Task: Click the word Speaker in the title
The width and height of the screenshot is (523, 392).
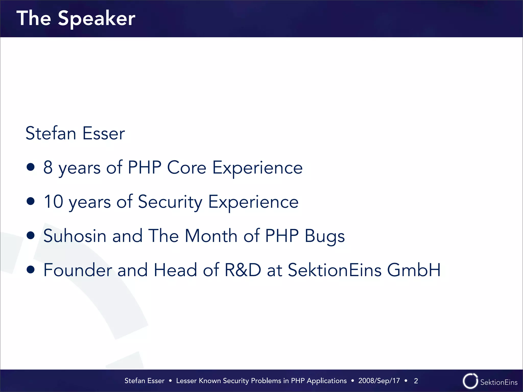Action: pyautogui.click(x=97, y=19)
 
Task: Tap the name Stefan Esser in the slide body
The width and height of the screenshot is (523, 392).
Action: pyautogui.click(x=75, y=133)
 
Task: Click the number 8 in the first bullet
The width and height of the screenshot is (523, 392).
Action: pyautogui.click(x=48, y=168)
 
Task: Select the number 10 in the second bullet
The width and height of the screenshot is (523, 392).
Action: pyautogui.click(x=53, y=202)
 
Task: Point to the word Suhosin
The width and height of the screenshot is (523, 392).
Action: pyautogui.click(x=75, y=236)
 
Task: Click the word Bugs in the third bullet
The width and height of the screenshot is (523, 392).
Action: pyautogui.click(x=325, y=236)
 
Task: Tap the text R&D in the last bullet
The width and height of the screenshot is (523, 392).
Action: pyautogui.click(x=243, y=270)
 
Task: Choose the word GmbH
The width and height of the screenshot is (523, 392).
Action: pyautogui.click(x=414, y=270)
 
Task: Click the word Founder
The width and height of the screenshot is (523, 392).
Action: pyautogui.click(x=78, y=270)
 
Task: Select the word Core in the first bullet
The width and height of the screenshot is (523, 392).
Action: pyautogui.click(x=186, y=168)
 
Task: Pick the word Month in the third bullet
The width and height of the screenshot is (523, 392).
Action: pyautogui.click(x=211, y=236)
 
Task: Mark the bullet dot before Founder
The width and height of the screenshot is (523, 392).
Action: pyautogui.click(x=31, y=269)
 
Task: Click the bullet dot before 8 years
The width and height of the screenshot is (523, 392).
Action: pyautogui.click(x=31, y=167)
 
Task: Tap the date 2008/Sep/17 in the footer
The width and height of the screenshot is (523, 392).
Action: pyautogui.click(x=379, y=381)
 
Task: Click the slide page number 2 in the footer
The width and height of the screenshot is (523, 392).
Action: pyautogui.click(x=416, y=381)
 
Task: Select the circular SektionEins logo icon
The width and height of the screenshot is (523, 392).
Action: pyautogui.click(x=470, y=381)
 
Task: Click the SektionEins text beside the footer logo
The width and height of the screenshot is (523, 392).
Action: pyautogui.click(x=499, y=382)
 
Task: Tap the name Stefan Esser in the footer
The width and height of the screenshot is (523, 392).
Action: pyautogui.click(x=144, y=381)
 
